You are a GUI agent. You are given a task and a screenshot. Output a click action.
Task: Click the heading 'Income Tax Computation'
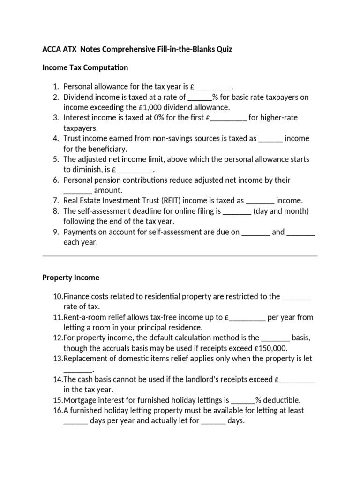click(85, 67)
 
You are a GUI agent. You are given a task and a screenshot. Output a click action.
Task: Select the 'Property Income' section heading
click(71, 277)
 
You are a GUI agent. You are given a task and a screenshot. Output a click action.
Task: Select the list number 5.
click(56, 159)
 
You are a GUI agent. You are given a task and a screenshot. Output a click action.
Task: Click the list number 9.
click(56, 232)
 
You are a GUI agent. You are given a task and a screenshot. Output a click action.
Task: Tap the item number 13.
click(58, 358)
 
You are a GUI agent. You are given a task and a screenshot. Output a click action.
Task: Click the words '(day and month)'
click(281, 211)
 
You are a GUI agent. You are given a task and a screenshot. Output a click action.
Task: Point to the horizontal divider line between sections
click(180, 256)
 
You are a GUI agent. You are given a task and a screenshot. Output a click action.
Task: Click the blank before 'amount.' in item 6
click(78, 191)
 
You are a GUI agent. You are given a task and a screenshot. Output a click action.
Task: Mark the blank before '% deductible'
click(243, 401)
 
